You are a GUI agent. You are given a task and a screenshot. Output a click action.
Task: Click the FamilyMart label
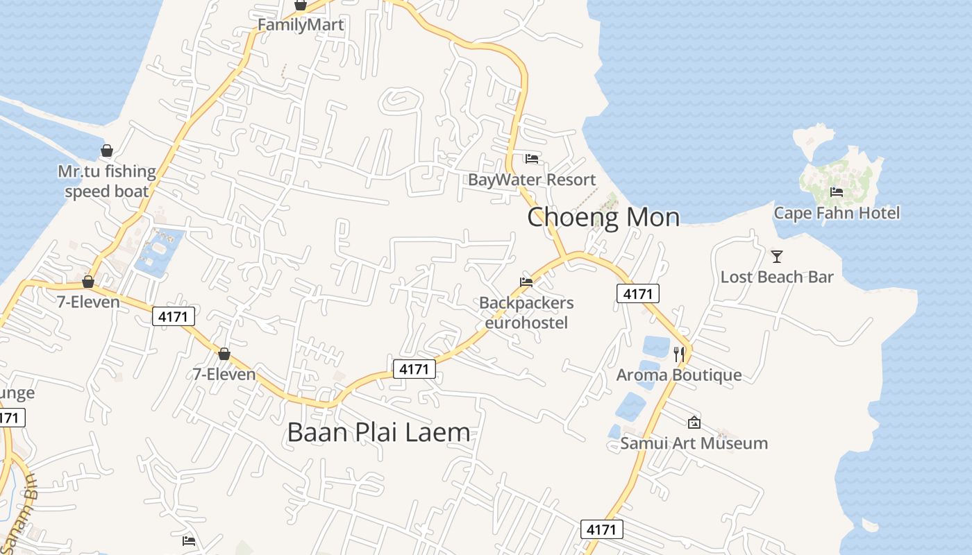[301, 25]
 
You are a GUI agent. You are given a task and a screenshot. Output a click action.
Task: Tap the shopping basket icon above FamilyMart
[301, 6]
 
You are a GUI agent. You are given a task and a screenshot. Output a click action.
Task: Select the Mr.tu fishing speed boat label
[107, 181]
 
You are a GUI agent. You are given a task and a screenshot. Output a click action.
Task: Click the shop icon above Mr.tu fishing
[107, 151]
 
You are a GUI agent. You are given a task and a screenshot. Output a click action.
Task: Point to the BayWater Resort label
[532, 180]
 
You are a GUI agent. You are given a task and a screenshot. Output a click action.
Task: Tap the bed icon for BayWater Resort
[532, 159]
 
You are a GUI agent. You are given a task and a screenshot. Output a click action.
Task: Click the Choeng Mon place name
[603, 217]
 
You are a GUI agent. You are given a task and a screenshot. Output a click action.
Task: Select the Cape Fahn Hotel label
[837, 213]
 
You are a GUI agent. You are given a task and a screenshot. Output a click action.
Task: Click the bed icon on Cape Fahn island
[837, 192]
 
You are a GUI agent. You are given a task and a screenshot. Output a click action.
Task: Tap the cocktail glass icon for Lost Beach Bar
[777, 257]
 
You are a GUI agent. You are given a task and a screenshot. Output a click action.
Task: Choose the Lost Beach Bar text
[777, 277]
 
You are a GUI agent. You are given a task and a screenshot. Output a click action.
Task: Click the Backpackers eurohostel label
[526, 313]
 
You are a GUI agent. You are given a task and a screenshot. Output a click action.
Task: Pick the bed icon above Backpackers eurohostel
[526, 282]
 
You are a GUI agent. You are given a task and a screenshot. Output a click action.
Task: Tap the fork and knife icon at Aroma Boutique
[679, 355]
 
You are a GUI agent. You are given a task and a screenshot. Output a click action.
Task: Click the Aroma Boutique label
[679, 375]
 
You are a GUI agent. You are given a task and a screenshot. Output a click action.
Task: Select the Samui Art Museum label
[694, 443]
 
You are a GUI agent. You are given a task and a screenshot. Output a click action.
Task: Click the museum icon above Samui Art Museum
[694, 422]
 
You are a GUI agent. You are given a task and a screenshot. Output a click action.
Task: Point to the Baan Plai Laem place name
[378, 432]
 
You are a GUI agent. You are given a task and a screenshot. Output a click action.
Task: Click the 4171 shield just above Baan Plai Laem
[414, 369]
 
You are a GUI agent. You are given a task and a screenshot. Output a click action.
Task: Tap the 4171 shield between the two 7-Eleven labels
[174, 317]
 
